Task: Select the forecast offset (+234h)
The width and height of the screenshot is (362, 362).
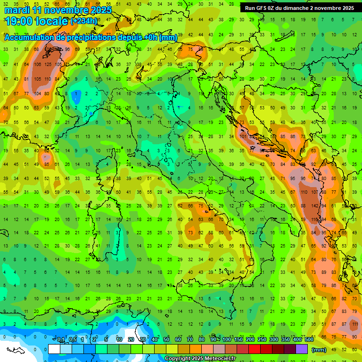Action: [x=84, y=21]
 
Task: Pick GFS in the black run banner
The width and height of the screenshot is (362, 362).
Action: [x=262, y=8]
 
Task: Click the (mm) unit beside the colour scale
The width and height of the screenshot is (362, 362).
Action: [x=319, y=350]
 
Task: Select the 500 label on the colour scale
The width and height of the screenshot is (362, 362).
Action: [x=309, y=340]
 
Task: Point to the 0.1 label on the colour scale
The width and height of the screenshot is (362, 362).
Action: [x=61, y=340]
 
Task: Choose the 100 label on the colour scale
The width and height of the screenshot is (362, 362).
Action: [x=227, y=340]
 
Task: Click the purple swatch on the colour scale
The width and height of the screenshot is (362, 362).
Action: [x=302, y=349]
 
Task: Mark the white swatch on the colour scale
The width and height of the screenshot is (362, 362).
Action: [x=54, y=349]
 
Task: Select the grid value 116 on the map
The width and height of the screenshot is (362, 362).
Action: [x=314, y=220]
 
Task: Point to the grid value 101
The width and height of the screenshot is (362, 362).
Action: [x=243, y=137]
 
